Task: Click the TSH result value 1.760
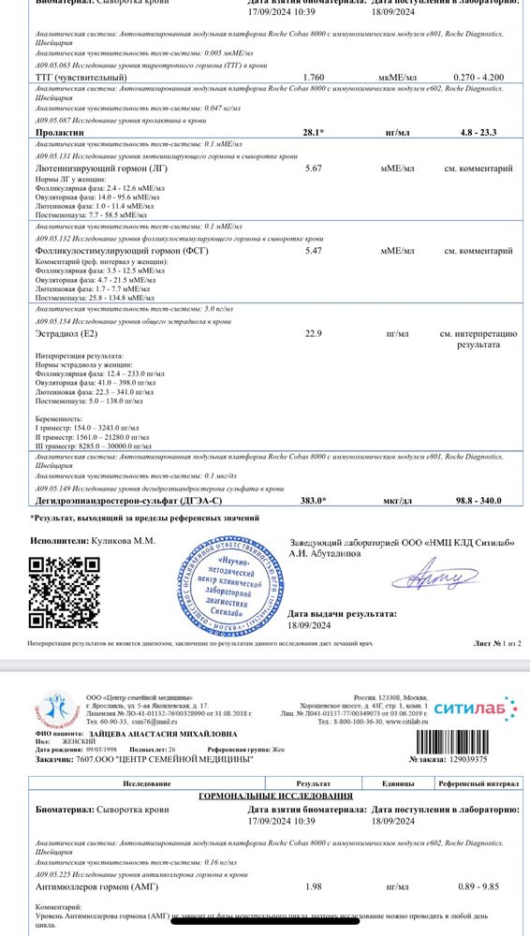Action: pyautogui.click(x=314, y=78)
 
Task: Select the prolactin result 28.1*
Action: pyautogui.click(x=314, y=133)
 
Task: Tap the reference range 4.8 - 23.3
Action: pyautogui.click(x=478, y=133)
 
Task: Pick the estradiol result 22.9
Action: pyautogui.click(x=314, y=332)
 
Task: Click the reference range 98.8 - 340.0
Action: pyautogui.click(x=478, y=501)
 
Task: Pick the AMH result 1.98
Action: pyautogui.click(x=315, y=885)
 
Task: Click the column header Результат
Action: pyautogui.click(x=314, y=779)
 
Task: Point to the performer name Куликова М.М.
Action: pyautogui.click(x=123, y=541)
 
